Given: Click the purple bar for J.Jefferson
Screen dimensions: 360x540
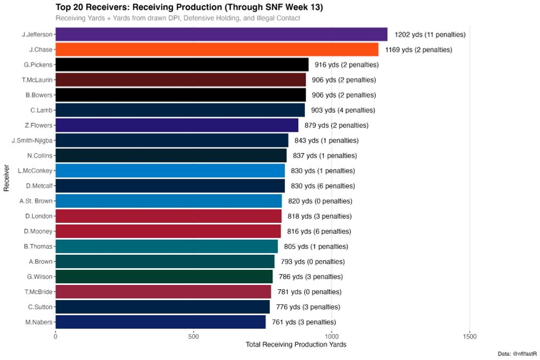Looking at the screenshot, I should tap(221, 35).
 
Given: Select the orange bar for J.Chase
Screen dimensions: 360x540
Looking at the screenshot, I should tap(217, 50).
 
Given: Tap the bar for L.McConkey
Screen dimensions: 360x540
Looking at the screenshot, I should tap(170, 171).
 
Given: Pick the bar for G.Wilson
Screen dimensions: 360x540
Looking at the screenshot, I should tap(164, 277).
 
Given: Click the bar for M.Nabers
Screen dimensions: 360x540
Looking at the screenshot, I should tap(160, 322).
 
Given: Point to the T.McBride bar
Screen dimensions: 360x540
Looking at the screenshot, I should tap(163, 292).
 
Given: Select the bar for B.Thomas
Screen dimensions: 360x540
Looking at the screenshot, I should tap(166, 247).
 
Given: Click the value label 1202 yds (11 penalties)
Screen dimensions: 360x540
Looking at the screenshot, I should tap(430, 35).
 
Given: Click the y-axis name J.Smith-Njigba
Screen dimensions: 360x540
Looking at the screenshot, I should tap(32, 140).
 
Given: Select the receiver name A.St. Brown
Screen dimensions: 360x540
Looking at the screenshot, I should tap(36, 201).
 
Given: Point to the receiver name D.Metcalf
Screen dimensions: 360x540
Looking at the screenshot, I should tap(39, 186).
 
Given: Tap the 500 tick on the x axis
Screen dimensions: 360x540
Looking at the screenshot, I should tap(194, 336).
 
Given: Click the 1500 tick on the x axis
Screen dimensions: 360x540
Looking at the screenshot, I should tap(470, 336).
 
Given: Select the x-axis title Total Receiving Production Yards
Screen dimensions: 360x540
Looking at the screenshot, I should tap(295, 344).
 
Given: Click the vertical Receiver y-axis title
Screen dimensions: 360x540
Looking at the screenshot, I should tap(7, 179).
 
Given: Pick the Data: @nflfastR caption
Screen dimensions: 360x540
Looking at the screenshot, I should tap(517, 354).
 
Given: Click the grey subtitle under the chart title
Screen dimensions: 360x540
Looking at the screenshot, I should tap(178, 18).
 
